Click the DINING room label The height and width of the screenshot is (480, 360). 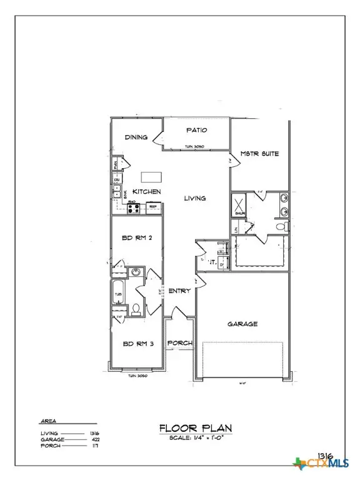click(136, 137)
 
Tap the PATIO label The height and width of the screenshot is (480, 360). click(196, 130)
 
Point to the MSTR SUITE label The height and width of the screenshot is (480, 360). click(260, 154)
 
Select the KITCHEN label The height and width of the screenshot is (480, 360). click(146, 191)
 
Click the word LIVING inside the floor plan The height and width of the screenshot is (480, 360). click(195, 198)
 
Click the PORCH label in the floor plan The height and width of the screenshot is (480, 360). click(179, 343)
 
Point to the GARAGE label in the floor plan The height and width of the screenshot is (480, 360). click(242, 324)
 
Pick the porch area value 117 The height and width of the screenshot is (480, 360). click(96, 446)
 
